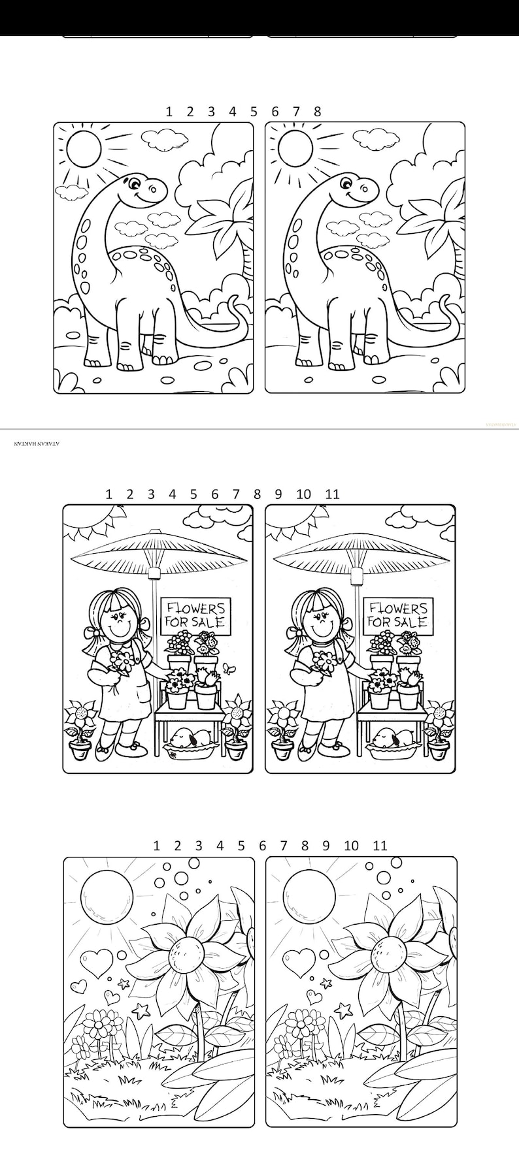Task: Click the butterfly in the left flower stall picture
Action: pos(228,668)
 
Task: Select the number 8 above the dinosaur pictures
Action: pos(317,112)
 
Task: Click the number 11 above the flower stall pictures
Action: pos(332,494)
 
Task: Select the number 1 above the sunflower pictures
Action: pos(156,846)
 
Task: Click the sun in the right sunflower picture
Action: pos(309,893)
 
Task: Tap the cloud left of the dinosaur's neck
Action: pos(71,191)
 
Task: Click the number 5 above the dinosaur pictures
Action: pos(254,112)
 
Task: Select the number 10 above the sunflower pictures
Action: pos(351,846)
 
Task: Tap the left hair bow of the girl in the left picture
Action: pos(90,632)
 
